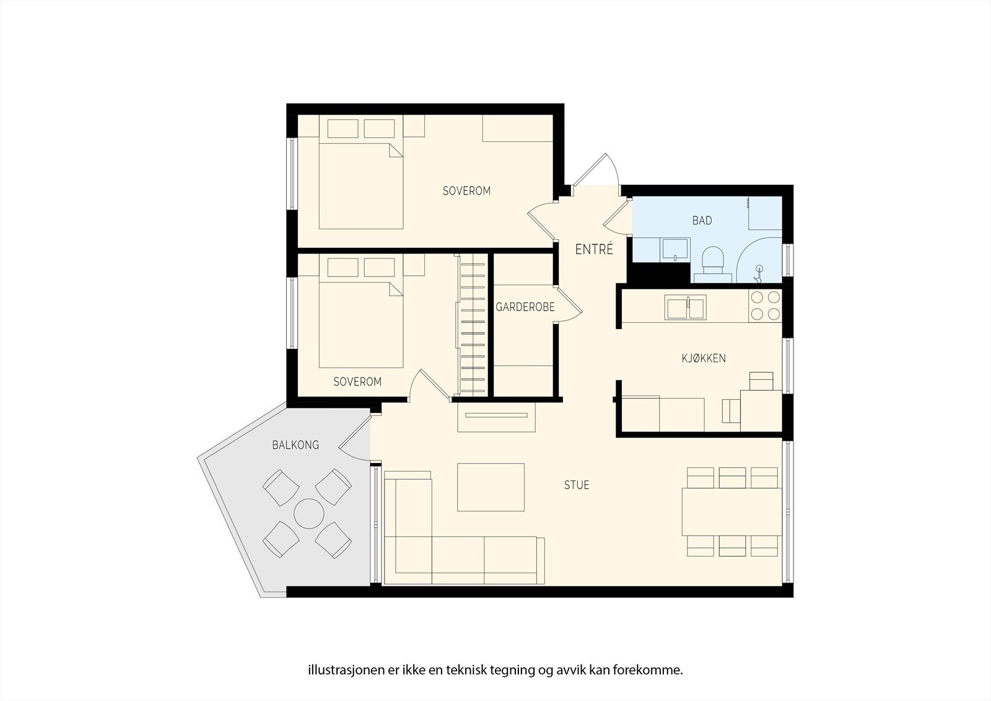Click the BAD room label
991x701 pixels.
pos(702,220)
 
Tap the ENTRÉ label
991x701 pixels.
pos(594,250)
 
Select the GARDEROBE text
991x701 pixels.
pos(525,307)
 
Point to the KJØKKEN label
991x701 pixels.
pos(704,358)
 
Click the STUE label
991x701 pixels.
pos(576,485)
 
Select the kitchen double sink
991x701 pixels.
pos(684,307)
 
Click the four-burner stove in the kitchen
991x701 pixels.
pos(765,306)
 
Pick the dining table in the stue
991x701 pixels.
pos(731,512)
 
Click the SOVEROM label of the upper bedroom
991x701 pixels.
pos(466,191)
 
